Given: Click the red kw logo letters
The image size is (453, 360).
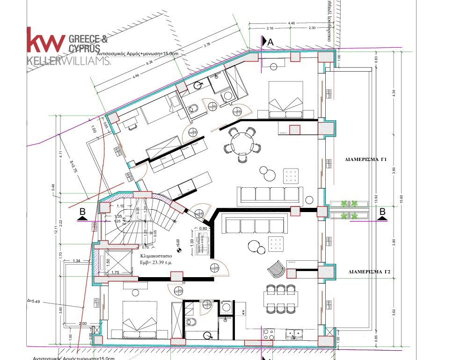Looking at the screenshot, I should pyautogui.click(x=46, y=40).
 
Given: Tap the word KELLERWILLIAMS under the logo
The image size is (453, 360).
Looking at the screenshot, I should pyautogui.click(x=69, y=61).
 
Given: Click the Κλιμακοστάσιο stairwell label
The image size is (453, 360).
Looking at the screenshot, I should pyautogui.click(x=156, y=257).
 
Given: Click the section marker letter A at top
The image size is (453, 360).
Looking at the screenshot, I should pyautogui.click(x=270, y=42).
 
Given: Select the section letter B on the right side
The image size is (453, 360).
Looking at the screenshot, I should pyautogui.click(x=382, y=212).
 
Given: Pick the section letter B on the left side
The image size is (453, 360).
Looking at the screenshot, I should pyautogui.click(x=82, y=212).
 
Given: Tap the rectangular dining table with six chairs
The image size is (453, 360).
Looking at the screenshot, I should pyautogui.click(x=281, y=299).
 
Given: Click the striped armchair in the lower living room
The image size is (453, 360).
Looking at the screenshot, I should pyautogui.click(x=275, y=269).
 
